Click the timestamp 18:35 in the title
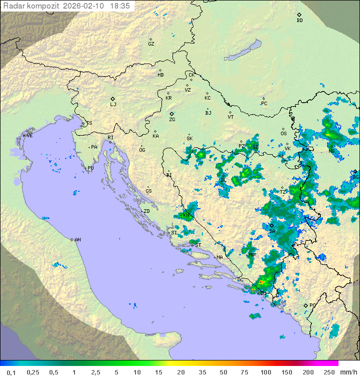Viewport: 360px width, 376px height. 119,6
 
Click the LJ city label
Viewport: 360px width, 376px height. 113,105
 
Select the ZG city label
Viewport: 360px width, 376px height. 172,120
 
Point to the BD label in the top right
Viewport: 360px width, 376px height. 299,21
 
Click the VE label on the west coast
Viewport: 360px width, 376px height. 29,136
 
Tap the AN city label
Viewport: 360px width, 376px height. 77,240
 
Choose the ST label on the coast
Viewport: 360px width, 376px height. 198,245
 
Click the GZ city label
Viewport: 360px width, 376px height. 151,44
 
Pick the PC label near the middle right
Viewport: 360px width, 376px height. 264,104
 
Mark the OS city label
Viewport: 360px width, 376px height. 283,134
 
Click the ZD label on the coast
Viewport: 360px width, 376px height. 146,211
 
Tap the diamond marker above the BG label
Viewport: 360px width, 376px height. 355,171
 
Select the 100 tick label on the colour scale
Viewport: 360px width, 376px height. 265,372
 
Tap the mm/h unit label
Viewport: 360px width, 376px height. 347,372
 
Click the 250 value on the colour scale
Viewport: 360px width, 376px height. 328,372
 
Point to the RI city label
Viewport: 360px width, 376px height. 110,138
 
